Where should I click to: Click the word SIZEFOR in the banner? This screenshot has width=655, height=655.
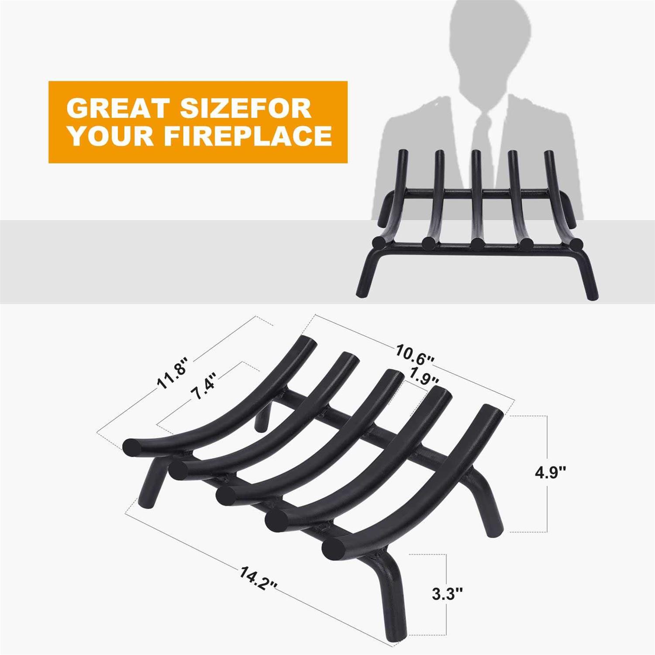coord(245,108)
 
